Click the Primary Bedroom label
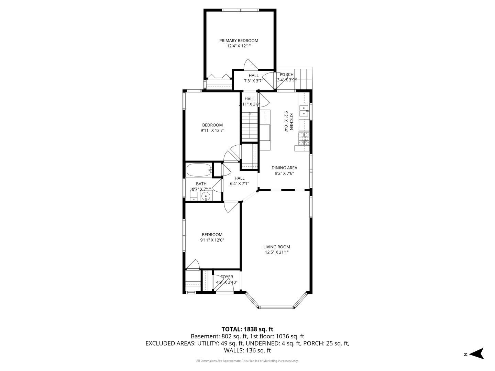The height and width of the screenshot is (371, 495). [239, 41]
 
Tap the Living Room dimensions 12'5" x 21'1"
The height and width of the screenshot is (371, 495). [276, 252]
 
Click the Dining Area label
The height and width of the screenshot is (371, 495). [284, 168]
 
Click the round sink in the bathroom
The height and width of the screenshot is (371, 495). [206, 196]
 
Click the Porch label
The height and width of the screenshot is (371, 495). [286, 75]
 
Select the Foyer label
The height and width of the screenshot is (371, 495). [227, 277]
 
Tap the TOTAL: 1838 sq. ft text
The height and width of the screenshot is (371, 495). [247, 329]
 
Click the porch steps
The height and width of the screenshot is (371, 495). [305, 79]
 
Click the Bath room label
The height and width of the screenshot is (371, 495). [201, 184]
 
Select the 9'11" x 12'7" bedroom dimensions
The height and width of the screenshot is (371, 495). [212, 131]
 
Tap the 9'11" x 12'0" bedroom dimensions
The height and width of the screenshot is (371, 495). [212, 240]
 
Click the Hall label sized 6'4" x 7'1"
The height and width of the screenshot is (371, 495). [239, 178]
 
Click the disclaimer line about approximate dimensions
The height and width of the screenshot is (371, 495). [247, 361]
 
